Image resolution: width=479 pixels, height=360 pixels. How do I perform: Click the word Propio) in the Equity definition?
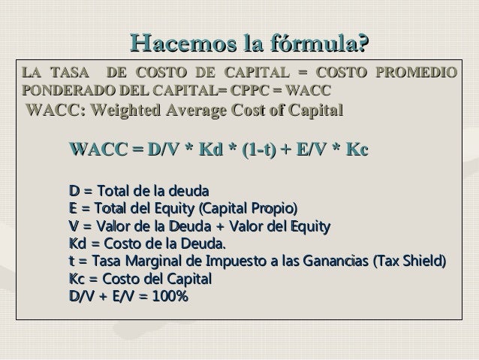[x=272, y=208]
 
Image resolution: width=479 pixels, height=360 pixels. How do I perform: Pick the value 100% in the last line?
[x=169, y=298]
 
